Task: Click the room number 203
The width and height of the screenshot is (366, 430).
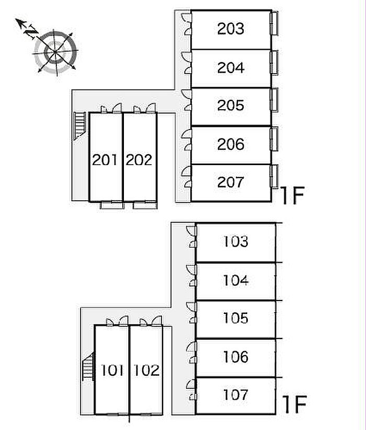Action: pyautogui.click(x=231, y=29)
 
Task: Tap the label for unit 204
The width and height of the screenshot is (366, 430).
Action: pyautogui.click(x=231, y=68)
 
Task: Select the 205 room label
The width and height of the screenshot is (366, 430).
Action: pyautogui.click(x=231, y=106)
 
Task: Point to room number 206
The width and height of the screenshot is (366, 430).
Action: pyautogui.click(x=231, y=144)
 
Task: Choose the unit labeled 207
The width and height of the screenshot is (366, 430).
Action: pyautogui.click(x=231, y=182)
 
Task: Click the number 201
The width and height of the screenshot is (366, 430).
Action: pyautogui.click(x=105, y=159)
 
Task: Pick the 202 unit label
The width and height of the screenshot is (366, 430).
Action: pyautogui.click(x=139, y=159)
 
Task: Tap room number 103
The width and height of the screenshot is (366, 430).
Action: pyautogui.click(x=236, y=241)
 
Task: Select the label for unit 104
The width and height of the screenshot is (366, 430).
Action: pyautogui.click(x=236, y=280)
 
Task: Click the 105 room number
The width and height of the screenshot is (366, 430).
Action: pyautogui.click(x=236, y=318)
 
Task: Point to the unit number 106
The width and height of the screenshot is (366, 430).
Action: pyautogui.click(x=236, y=356)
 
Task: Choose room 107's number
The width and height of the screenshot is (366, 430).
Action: pyautogui.click(x=236, y=394)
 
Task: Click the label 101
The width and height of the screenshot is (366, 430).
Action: pyautogui.click(x=112, y=370)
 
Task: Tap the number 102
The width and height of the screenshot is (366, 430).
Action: pyautogui.click(x=146, y=370)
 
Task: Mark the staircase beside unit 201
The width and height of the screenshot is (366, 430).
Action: pyautogui.click(x=80, y=126)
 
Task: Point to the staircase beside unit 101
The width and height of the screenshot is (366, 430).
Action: pyautogui.click(x=88, y=366)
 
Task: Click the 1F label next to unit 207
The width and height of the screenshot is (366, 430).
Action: pyautogui.click(x=293, y=195)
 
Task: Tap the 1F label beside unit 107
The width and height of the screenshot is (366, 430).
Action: pyautogui.click(x=295, y=404)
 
